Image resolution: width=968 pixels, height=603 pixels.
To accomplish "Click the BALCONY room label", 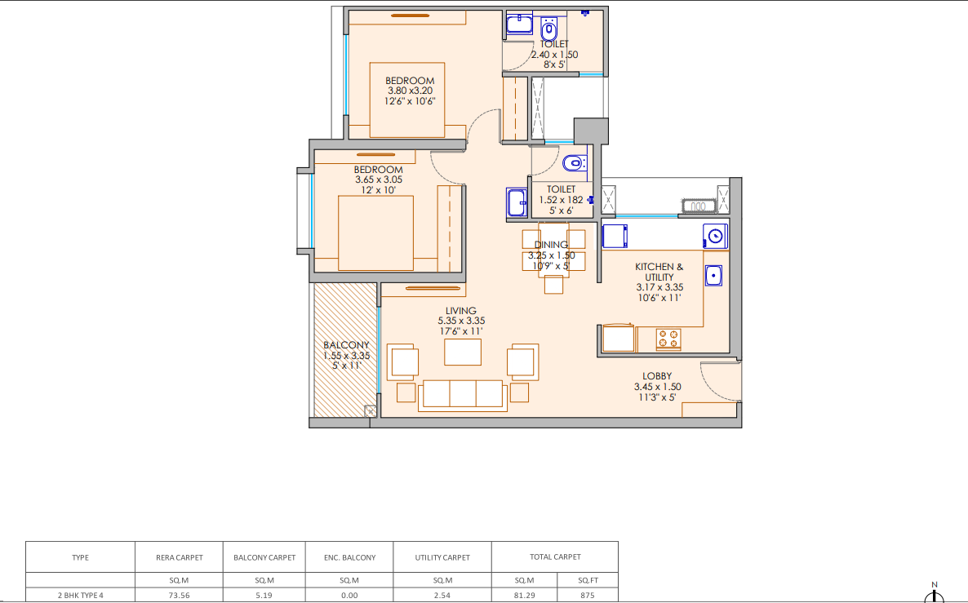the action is (x=346, y=345).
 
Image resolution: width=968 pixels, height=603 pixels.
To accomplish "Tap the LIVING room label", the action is (x=461, y=311).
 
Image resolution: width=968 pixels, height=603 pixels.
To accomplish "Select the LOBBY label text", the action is (x=657, y=376).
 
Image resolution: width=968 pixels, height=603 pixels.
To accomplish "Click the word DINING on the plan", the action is (x=551, y=245).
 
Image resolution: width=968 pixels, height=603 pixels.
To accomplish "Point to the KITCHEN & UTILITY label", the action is (x=659, y=273).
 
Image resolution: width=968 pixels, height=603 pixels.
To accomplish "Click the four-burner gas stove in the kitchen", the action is (x=668, y=339).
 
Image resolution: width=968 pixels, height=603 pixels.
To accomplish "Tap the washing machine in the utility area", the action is (x=715, y=237).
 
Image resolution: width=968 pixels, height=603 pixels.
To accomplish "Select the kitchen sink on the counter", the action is (x=713, y=275).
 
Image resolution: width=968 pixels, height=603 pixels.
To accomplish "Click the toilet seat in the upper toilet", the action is (x=548, y=29).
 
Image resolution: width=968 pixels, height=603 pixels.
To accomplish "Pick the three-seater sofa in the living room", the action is (x=463, y=395).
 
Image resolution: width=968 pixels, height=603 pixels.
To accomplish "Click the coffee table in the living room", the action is (x=463, y=352).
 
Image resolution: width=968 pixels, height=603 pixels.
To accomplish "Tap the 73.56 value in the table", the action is (x=179, y=596).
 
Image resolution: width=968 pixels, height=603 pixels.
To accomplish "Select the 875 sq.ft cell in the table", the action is (x=587, y=596).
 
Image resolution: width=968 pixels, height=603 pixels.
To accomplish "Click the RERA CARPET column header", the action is (x=179, y=557).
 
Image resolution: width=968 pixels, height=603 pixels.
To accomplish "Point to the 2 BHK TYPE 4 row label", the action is (x=80, y=596).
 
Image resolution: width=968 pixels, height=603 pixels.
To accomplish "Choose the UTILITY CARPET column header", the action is (x=442, y=557).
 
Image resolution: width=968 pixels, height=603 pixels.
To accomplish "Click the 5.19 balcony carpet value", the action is (x=264, y=596).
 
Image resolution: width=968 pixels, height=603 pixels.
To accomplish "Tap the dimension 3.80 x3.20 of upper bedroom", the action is (x=410, y=91).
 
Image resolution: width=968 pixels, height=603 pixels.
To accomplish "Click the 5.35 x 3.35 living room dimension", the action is (x=461, y=321).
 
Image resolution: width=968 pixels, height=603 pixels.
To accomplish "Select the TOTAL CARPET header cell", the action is (x=555, y=556).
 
